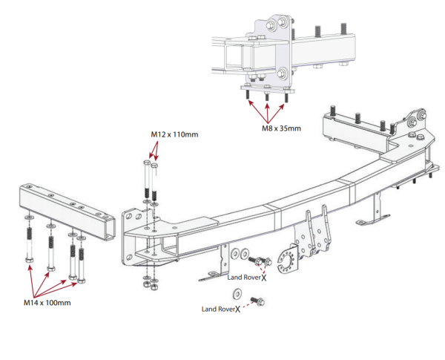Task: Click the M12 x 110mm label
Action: coord(174,135)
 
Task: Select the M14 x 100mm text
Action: coord(47,303)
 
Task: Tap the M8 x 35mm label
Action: coord(280,128)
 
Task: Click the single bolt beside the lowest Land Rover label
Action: coord(258,301)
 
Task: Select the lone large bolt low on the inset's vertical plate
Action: coord(283,73)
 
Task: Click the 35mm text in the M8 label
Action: coord(290,128)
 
